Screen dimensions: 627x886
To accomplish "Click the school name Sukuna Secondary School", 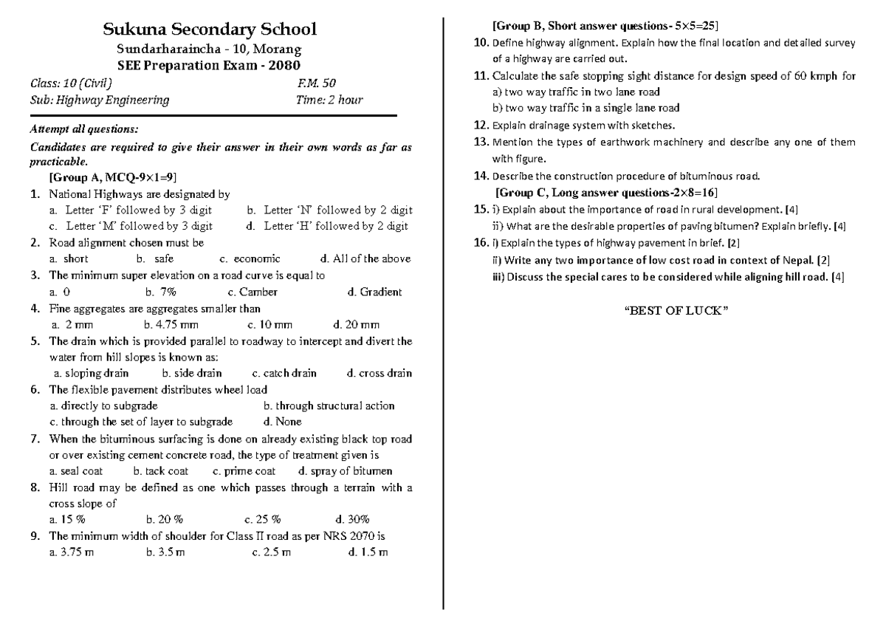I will click(x=210, y=30).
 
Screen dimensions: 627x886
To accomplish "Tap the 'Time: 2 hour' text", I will click(x=329, y=100).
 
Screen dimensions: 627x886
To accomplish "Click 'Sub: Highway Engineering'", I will click(x=99, y=100).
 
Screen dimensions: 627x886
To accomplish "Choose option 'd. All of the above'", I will click(x=365, y=259).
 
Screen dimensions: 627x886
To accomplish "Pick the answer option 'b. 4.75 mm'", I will click(x=172, y=324).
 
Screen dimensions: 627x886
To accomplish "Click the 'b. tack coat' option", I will click(x=160, y=470).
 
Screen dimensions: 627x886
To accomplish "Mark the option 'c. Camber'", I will click(x=253, y=292).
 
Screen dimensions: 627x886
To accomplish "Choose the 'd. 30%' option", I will click(x=352, y=519).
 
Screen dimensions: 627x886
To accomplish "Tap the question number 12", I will click(x=480, y=125).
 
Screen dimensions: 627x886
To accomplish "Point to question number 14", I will click(x=480, y=176).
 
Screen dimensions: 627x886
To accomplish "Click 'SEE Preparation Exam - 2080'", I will click(x=209, y=64).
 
